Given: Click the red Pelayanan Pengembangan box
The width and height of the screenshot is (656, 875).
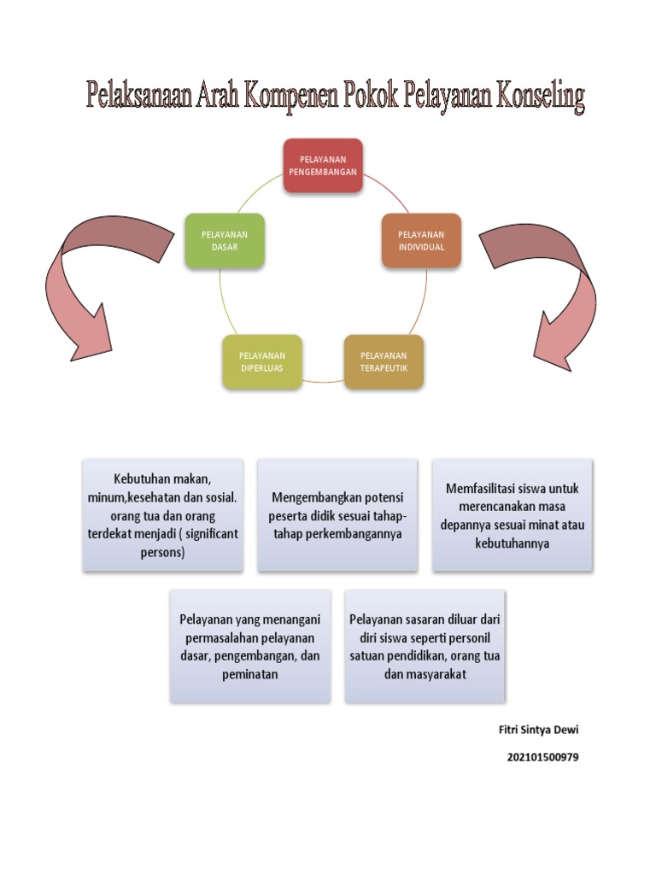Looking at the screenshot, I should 323,165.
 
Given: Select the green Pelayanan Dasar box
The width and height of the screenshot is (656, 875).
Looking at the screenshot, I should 225,240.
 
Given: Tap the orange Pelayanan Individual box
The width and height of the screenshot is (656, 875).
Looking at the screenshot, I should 421,240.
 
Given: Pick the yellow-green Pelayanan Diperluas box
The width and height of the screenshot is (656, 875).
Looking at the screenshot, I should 261,361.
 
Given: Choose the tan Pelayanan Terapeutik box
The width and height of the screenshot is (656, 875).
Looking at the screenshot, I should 384,361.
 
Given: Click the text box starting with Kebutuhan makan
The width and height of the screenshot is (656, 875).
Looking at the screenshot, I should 163,514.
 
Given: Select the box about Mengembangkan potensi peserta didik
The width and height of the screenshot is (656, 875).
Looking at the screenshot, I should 337,514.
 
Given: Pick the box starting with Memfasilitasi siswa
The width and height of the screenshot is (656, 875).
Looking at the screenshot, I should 512,514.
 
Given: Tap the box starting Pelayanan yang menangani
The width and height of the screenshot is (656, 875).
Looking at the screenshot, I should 250,645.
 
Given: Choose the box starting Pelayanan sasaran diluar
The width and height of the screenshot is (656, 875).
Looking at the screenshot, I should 425,645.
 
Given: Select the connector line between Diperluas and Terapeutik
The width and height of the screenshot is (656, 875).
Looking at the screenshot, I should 323,380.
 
